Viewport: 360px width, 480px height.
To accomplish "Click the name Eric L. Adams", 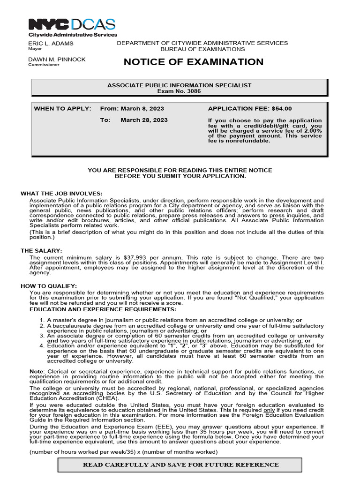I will (51, 43).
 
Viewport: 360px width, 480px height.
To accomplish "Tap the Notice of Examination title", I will (194, 62).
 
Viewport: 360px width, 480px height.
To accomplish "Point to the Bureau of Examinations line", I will (202, 49).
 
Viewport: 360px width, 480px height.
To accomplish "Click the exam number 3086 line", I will (180, 91).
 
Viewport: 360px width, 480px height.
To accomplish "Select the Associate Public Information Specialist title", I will (180, 85).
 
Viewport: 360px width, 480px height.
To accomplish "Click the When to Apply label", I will (62, 109).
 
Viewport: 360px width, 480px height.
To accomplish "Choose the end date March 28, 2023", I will (144, 120).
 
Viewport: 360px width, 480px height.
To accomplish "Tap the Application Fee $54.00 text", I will (249, 109).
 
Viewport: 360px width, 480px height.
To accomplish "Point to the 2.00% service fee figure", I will (312, 130).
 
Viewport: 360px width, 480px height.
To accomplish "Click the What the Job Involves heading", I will (61, 194).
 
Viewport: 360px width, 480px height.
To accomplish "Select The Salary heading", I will (41, 251).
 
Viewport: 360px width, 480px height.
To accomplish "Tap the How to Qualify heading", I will (49, 286).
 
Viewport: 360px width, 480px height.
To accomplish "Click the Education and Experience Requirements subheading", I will (103, 309).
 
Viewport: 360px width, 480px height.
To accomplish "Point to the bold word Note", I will (36, 371).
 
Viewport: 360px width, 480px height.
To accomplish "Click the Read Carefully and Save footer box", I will (180, 465).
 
